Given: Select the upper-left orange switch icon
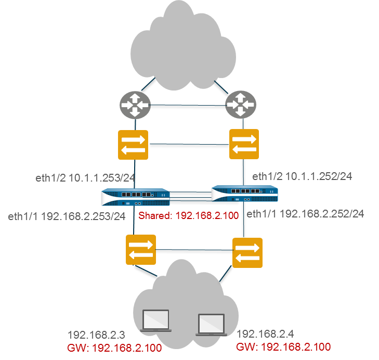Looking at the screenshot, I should click(x=133, y=145).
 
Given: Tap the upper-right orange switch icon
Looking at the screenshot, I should click(x=244, y=145).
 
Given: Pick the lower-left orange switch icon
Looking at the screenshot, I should click(x=141, y=250).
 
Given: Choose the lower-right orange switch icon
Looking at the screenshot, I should click(x=247, y=253).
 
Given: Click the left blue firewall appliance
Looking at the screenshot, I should click(x=136, y=198).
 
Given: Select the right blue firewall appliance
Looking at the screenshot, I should click(x=244, y=194).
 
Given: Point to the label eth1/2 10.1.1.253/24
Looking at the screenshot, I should click(x=85, y=178).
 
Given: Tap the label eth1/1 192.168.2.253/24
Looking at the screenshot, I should click(x=67, y=216).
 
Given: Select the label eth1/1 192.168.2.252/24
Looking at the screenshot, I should click(x=305, y=213).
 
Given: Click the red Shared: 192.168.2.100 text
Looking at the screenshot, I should click(x=189, y=216).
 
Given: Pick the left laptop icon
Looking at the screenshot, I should click(x=156, y=320).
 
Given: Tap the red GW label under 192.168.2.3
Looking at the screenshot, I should click(x=114, y=348).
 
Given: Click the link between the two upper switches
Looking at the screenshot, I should click(x=189, y=145).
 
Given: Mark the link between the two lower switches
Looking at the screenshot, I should click(x=194, y=252).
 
